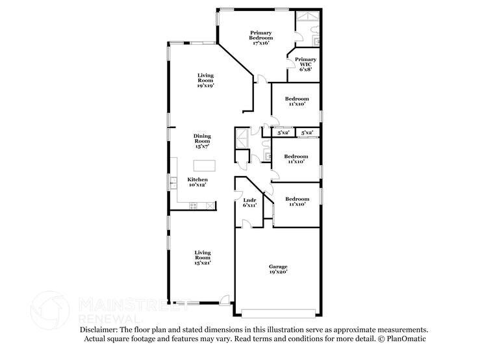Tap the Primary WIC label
pos(305,64)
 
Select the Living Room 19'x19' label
pos(205,80)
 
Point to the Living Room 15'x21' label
pos(203,257)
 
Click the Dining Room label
pos(202,141)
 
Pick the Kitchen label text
pos(197,182)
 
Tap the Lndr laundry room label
pos(249,202)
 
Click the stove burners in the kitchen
pos(193,206)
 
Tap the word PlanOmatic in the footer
pos(405,339)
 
